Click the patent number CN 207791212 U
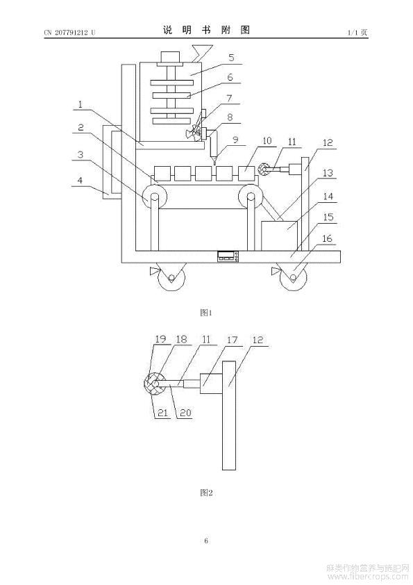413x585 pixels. point(69,33)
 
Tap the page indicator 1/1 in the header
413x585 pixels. point(352,33)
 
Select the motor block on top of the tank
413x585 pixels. point(170,57)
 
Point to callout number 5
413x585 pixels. point(231,58)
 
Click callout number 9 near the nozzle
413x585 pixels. point(235,140)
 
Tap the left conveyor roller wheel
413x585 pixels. point(154,199)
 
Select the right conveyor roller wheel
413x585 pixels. point(251,198)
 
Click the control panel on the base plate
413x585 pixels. point(228,256)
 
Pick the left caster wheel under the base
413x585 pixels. point(171,278)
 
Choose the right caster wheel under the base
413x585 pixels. point(293,278)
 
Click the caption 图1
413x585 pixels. point(206,313)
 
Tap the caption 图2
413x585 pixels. point(206,493)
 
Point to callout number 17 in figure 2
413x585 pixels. point(232,340)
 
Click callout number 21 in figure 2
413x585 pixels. point(162,413)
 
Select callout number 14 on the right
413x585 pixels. point(328,196)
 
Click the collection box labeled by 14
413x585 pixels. point(279,236)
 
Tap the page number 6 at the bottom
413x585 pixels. point(206,541)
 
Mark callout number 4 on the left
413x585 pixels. point(80,180)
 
